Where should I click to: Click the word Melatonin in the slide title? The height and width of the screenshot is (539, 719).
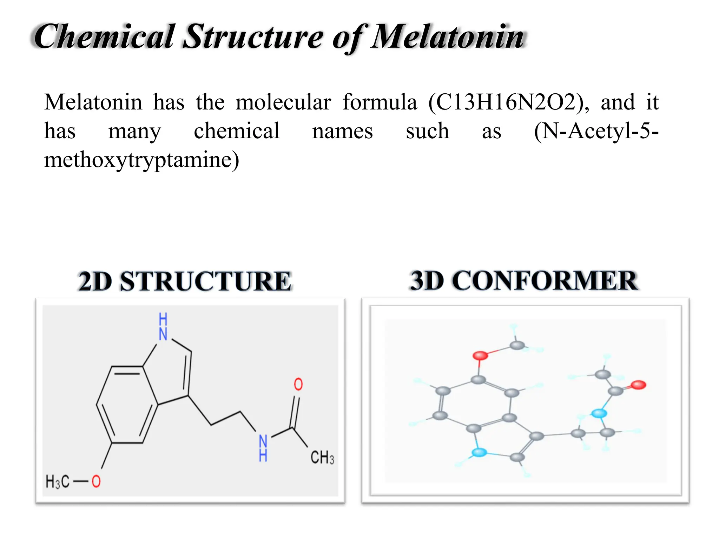coord(448,37)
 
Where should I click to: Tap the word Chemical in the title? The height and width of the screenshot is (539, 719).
coord(104,37)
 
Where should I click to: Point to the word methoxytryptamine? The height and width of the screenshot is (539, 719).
coord(141,160)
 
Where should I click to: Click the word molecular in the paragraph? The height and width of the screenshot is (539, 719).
coord(283,102)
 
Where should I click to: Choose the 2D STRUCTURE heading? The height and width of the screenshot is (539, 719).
coord(185,281)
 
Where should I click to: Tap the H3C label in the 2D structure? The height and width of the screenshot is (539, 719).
coord(57,481)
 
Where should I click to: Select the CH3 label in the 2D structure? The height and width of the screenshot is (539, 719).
coord(322,458)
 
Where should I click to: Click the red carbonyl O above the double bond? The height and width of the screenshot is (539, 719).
coord(298,384)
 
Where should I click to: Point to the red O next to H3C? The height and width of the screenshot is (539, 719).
coord(96,481)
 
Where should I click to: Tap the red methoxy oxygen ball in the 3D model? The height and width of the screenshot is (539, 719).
coord(480,355)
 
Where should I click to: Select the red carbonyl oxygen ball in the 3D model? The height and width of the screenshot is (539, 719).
coord(638,385)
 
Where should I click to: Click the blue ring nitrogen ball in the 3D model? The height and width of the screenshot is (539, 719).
coord(479,452)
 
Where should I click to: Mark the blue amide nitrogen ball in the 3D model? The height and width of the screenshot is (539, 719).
coord(599,413)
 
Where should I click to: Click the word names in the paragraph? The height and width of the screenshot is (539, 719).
coord(342,131)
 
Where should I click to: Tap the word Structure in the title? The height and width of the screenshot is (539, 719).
coord(253,37)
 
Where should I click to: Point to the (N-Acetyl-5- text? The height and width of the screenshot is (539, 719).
coord(596,131)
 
